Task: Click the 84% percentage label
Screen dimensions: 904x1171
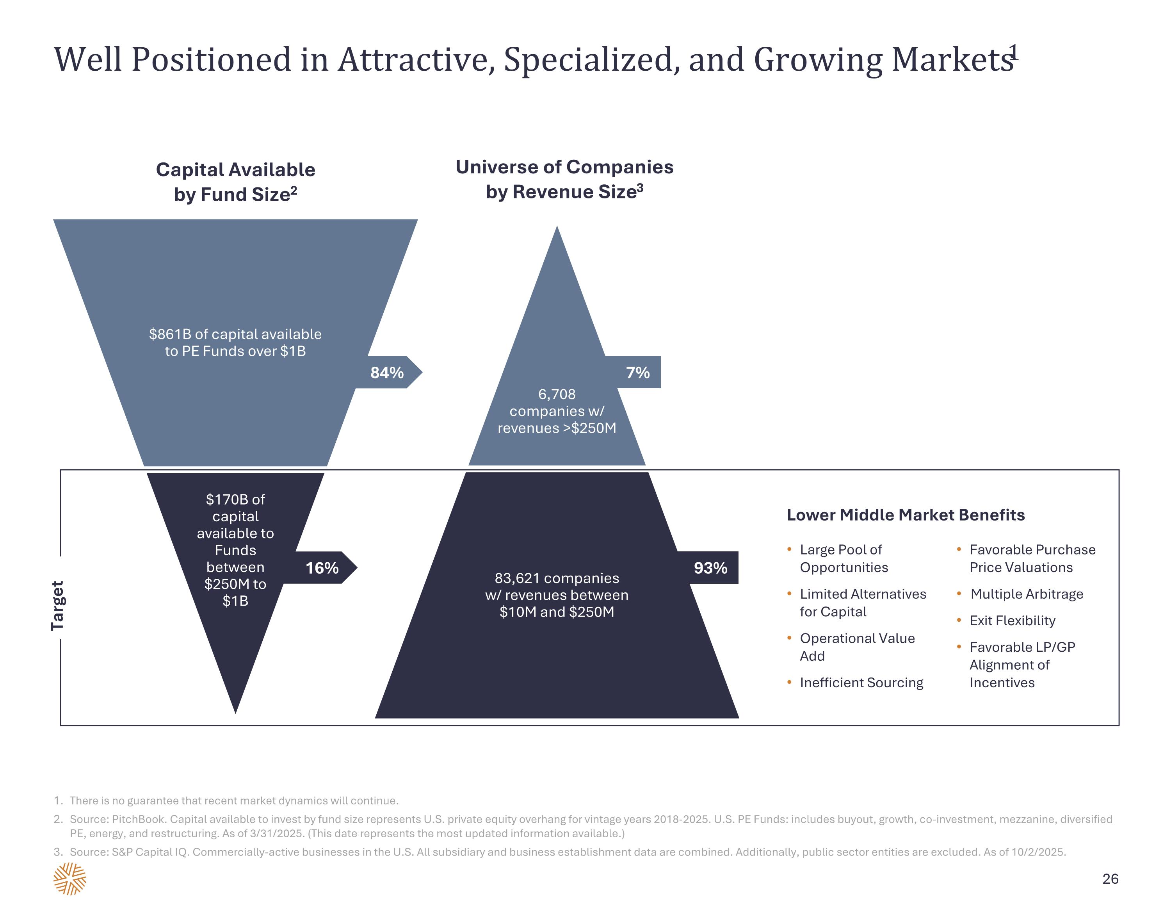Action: [x=386, y=372]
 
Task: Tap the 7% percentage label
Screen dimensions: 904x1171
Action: [x=637, y=372]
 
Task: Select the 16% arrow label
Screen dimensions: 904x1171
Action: [x=322, y=568]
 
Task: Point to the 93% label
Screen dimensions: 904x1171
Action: [x=710, y=568]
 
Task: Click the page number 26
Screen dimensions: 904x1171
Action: [x=1110, y=878]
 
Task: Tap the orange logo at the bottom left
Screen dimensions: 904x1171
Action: [x=70, y=879]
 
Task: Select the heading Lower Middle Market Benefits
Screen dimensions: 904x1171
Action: [x=906, y=515]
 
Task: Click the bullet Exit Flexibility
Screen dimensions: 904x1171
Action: [x=1012, y=621]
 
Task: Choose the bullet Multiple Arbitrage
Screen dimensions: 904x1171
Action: [x=1027, y=594]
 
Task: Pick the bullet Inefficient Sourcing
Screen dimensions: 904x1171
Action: [x=861, y=683]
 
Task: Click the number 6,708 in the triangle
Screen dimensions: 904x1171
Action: [x=557, y=394]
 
